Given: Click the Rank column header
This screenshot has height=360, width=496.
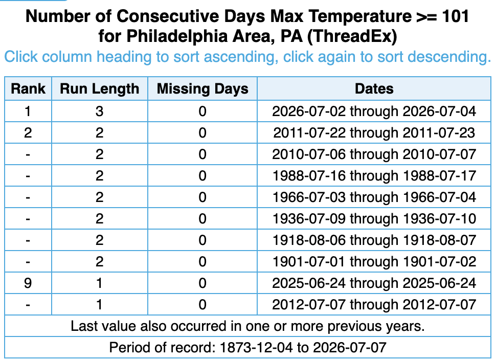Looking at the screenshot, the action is coord(28,88).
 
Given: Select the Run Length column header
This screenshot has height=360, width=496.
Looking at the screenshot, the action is coord(99,88).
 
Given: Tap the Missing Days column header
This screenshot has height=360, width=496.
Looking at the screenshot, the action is coord(202,88).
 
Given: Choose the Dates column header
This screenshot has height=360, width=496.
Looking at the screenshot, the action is coord(374,88).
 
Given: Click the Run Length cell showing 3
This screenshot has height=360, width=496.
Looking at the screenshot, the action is coord(99,111).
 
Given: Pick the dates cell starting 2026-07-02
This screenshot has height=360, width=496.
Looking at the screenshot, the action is coord(374,111).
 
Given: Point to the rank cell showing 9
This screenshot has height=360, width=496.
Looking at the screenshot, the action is coord(28,283).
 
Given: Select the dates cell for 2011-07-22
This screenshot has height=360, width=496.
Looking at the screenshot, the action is coord(374,133).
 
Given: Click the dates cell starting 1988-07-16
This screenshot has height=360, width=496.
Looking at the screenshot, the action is coord(374,175).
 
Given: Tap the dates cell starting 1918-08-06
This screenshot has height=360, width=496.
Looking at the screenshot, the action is coord(374,240).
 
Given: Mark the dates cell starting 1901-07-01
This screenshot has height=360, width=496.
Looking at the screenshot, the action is coord(374,262).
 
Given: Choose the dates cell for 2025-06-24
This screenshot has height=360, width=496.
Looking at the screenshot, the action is coord(374,283).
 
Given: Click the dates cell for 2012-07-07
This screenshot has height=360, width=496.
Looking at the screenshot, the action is coord(374,304).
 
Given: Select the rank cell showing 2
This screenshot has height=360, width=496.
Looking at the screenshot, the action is coord(28,133).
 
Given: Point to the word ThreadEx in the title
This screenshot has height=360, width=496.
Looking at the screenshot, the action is coord(352,36).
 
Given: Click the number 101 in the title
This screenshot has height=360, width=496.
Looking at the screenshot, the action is coord(456,16).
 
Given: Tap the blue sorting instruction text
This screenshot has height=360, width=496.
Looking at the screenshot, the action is coord(247,57).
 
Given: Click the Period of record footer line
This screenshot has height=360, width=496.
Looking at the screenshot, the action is coord(247,347).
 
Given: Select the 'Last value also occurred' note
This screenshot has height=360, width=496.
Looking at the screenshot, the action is coord(247,326).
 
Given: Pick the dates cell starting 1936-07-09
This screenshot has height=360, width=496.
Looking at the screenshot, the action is coord(374,218).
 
